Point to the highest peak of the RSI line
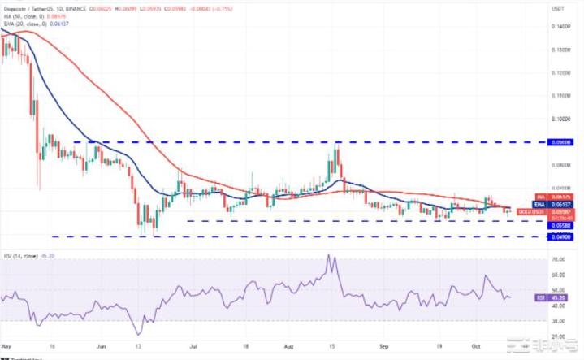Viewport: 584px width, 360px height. pos(330,255)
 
